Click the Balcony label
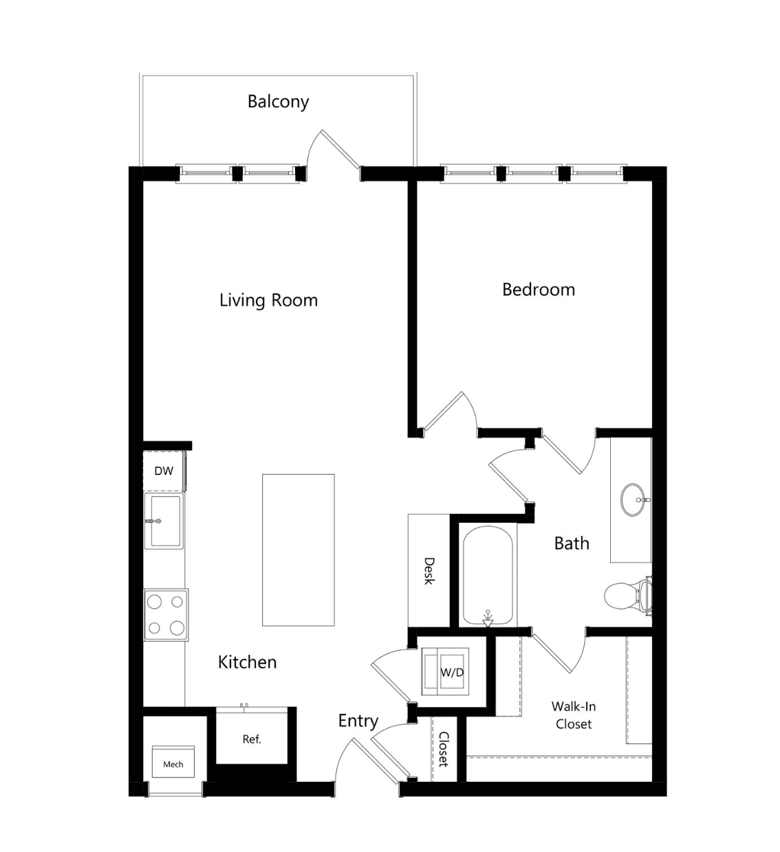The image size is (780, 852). [x=278, y=102]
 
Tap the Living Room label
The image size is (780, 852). [x=268, y=300]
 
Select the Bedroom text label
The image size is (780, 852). [x=539, y=290]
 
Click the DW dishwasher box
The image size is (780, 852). [x=164, y=471]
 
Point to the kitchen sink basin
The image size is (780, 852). [x=164, y=521]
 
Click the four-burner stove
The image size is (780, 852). [x=166, y=614]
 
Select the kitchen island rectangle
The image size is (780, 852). [x=298, y=550]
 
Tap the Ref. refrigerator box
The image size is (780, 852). [x=252, y=739]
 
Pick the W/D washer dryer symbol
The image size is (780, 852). [x=445, y=671]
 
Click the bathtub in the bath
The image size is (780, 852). [x=488, y=576]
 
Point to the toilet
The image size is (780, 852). [x=628, y=596]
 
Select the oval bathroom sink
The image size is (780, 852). [x=633, y=500]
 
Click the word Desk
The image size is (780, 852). [x=430, y=571]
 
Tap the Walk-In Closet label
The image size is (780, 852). [x=574, y=715]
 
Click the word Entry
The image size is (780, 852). [x=358, y=721]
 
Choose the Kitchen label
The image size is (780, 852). [x=247, y=662]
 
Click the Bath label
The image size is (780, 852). [x=572, y=543]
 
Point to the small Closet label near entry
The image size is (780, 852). [x=444, y=749]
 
